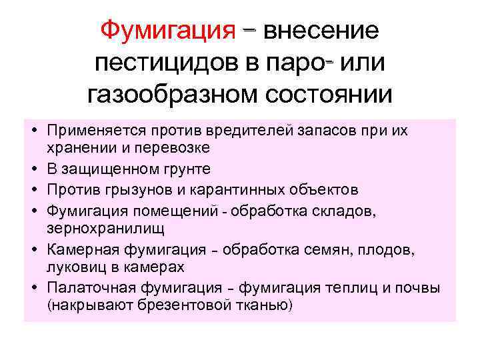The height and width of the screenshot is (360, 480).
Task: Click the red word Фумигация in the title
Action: [167, 30]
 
